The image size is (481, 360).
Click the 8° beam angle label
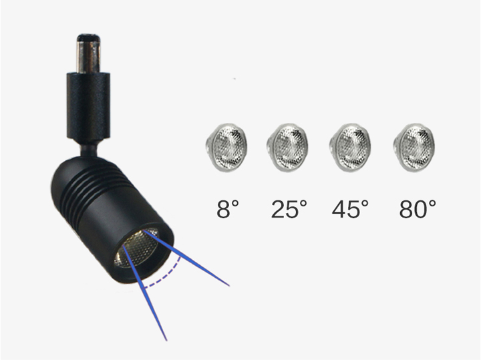pyautogui.click(x=228, y=209)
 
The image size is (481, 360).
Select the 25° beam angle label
pyautogui.click(x=289, y=209)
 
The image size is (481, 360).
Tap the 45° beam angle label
pyautogui.click(x=350, y=209)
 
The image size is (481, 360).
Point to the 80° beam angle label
pyautogui.click(x=418, y=209)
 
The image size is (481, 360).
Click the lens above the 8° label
pyautogui.click(x=226, y=147)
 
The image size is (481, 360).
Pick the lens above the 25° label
pyautogui.click(x=287, y=147)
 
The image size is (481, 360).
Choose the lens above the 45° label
pyautogui.click(x=350, y=147)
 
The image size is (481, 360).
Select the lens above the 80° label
pyautogui.click(x=414, y=147)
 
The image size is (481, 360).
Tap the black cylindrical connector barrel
pyautogui.click(x=88, y=108)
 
